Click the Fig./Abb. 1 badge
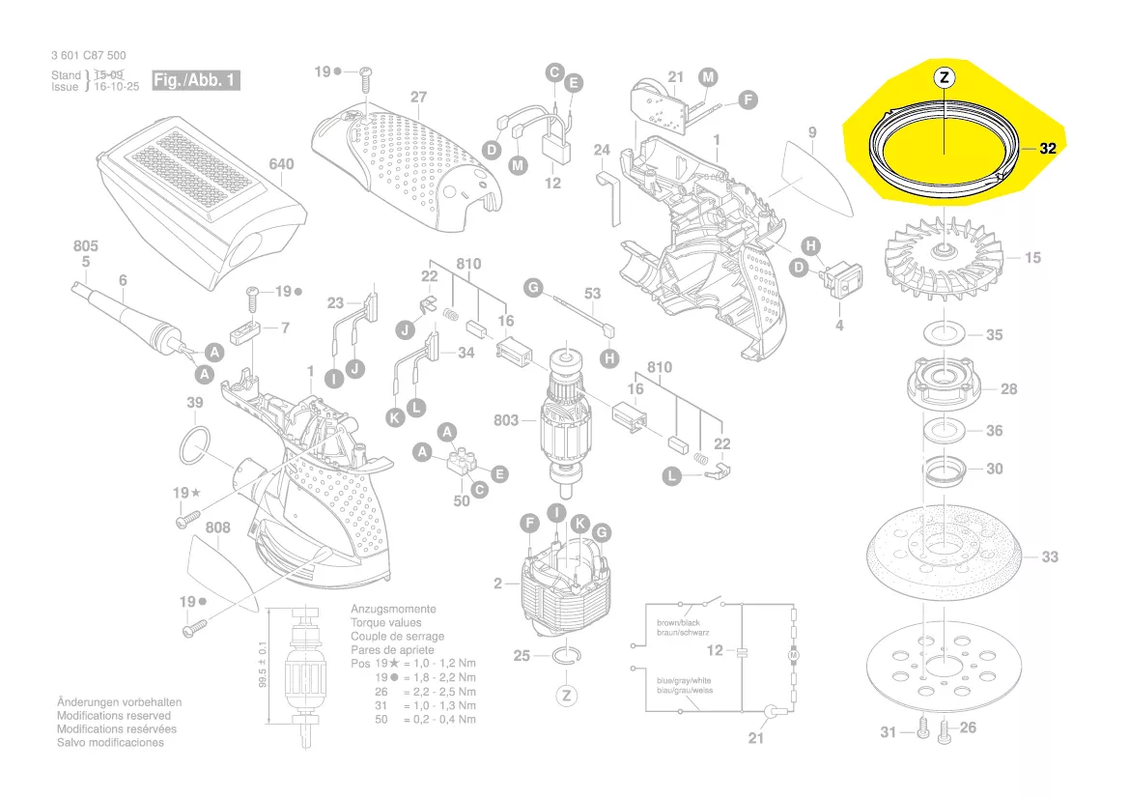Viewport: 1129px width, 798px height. point(195,80)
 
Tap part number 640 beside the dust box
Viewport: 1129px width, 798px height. point(281,164)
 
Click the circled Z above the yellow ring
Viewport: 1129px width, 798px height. point(944,76)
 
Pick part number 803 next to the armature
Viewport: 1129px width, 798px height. point(505,420)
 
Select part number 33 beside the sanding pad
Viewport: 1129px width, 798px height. point(1049,556)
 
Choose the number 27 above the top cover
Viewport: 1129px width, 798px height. point(418,98)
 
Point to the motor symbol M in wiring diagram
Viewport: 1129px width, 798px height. point(795,656)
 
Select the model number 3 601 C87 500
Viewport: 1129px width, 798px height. point(88,56)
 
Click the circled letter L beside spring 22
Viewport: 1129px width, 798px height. point(672,475)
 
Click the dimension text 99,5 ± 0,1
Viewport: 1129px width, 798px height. point(262,666)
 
